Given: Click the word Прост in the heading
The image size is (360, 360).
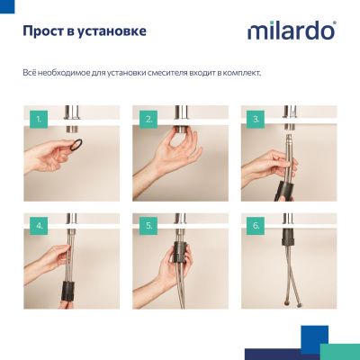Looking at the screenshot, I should click(45, 32).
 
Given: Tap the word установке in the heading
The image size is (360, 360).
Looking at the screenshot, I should click(113, 32).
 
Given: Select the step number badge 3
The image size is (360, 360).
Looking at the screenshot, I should click(256, 117).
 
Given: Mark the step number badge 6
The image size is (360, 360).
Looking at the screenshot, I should click(256, 225).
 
